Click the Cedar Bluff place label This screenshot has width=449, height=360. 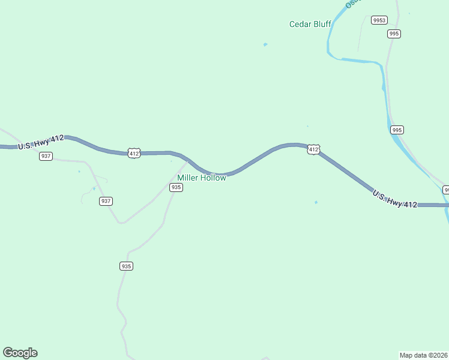(310, 25)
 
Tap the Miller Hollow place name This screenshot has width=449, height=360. (202, 178)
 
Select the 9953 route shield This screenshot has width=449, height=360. (379, 20)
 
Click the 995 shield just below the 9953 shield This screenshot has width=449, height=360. (394, 34)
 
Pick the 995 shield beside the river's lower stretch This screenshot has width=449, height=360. (397, 130)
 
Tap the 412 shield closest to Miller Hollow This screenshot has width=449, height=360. (134, 154)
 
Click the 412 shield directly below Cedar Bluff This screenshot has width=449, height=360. (313, 149)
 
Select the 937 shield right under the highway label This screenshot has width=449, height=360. (46, 156)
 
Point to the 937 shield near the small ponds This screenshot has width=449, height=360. (106, 201)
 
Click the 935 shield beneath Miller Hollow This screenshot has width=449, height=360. (176, 187)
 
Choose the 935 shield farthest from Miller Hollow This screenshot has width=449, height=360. (126, 266)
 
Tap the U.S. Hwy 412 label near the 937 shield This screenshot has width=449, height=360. (41, 142)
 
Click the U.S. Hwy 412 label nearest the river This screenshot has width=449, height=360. (394, 199)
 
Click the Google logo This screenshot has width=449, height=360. (20, 353)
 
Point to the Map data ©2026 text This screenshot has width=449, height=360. (424, 355)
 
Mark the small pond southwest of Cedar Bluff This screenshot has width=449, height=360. (265, 44)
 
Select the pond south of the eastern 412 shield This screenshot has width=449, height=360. (316, 202)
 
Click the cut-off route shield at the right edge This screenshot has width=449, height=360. (447, 190)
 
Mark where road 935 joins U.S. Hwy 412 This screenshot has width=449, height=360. (188, 161)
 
